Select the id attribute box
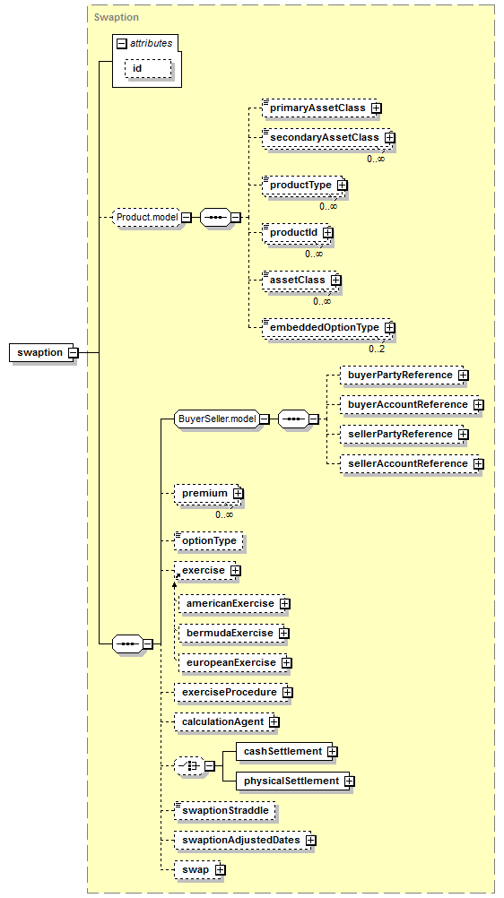(148, 69)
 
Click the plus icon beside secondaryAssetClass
(390, 137)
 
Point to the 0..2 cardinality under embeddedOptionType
(377, 349)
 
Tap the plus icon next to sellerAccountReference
(479, 464)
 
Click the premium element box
(206, 493)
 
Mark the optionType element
(209, 540)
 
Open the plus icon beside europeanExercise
(287, 662)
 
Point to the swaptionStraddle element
(225, 811)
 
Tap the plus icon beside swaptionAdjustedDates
(311, 840)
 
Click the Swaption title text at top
(117, 17)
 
